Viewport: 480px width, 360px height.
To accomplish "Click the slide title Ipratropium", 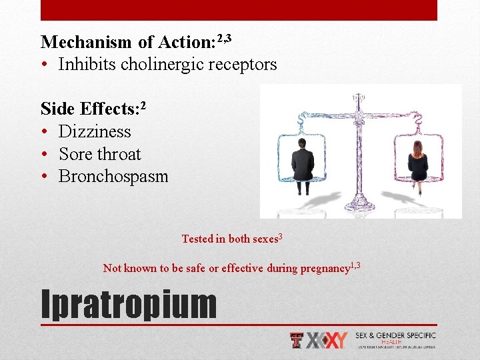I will click(x=129, y=304).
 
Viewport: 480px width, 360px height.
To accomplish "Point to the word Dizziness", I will click(x=95, y=132).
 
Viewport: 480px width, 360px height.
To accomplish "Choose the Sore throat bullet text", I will click(x=100, y=154).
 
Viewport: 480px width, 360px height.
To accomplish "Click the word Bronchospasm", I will click(x=113, y=177).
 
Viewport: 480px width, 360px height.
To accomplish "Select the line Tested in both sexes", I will click(x=232, y=239).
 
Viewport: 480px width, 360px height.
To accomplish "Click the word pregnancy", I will click(x=325, y=269).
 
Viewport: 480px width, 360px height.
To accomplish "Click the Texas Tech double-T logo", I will click(x=297, y=340).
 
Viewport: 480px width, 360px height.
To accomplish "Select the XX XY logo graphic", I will click(x=327, y=340).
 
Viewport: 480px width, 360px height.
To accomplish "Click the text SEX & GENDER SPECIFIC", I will click(x=395, y=335).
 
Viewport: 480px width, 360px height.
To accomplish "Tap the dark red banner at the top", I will click(x=239, y=10).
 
